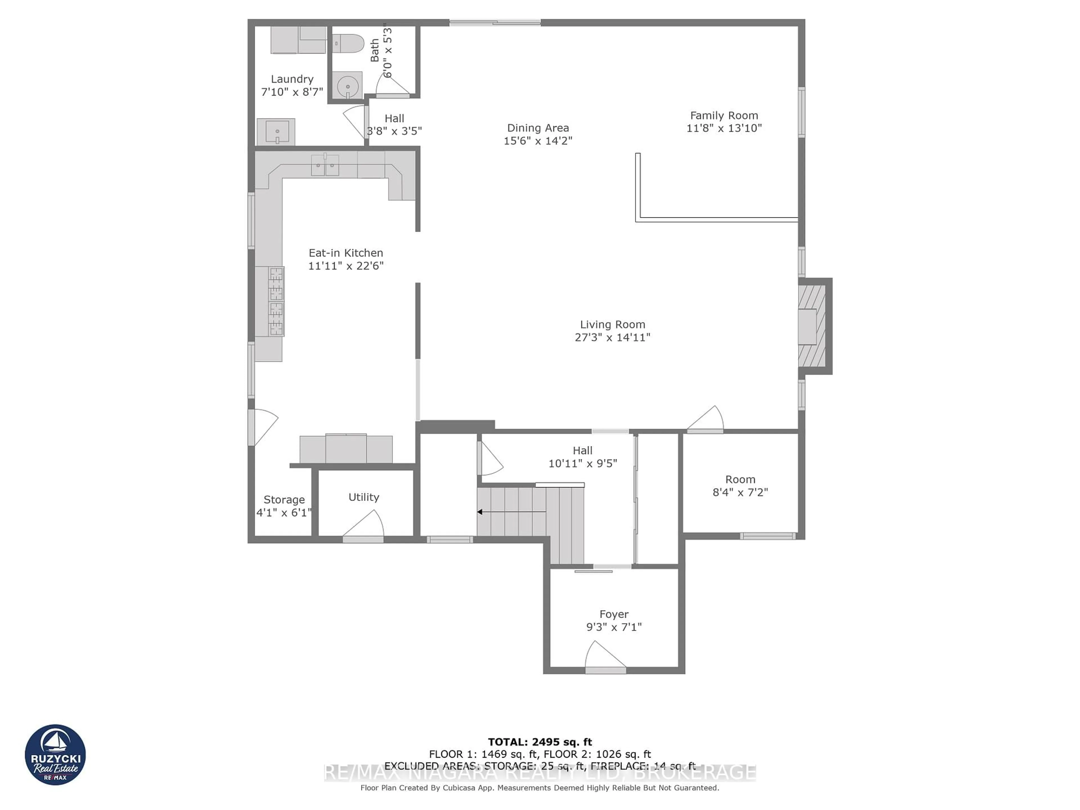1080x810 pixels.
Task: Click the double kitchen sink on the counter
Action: pos(325,165)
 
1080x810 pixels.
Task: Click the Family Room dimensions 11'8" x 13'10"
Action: pos(724,128)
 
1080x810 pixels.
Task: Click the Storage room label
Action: pos(284,499)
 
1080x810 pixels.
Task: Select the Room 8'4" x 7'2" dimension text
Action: pos(740,492)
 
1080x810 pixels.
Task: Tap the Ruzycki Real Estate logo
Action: pos(55,755)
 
